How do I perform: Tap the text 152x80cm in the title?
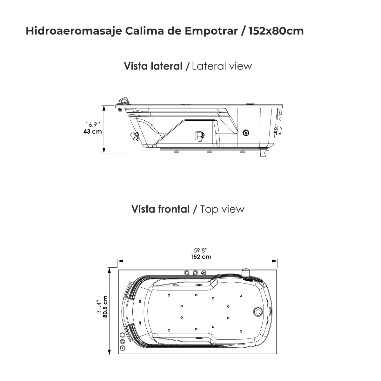click(276, 31)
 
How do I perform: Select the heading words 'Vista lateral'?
click(153, 66)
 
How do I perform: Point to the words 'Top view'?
click(223, 209)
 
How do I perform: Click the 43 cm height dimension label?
click(93, 131)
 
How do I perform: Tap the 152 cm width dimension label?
click(201, 257)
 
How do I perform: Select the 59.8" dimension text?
click(201, 250)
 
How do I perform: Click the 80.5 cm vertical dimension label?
click(105, 306)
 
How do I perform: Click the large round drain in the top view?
click(258, 311)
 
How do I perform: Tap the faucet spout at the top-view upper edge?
click(246, 272)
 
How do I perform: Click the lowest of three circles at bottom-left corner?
click(122, 348)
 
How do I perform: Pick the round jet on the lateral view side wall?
click(245, 133)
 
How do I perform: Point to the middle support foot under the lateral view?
click(209, 152)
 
